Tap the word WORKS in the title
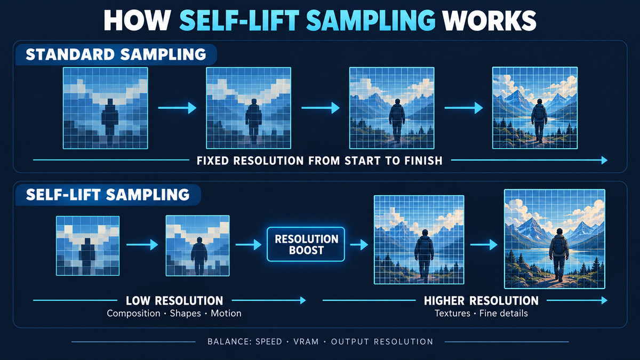click(x=489, y=20)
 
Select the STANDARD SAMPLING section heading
click(x=116, y=54)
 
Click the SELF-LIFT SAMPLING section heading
click(x=108, y=195)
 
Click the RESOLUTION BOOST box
click(x=306, y=244)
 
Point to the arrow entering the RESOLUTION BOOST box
click(x=249, y=245)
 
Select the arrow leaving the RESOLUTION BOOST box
click(x=359, y=245)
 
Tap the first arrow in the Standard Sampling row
click(x=178, y=108)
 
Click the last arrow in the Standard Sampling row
click(x=463, y=108)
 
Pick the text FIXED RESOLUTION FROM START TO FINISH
click(x=319, y=161)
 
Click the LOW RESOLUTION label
click(x=174, y=301)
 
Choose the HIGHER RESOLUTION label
click(x=481, y=301)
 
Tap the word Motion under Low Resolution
click(x=226, y=314)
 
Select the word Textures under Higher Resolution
click(x=453, y=314)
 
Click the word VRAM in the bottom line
click(x=306, y=342)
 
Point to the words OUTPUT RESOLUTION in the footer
click(x=382, y=342)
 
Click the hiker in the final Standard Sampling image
click(x=539, y=121)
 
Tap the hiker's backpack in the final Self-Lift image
click(x=558, y=246)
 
